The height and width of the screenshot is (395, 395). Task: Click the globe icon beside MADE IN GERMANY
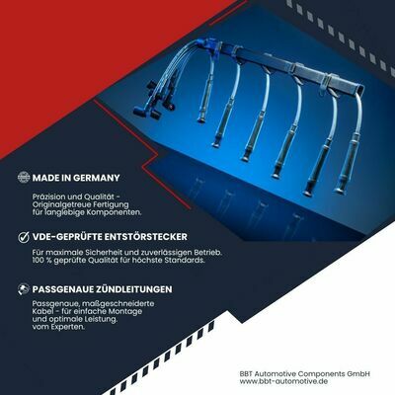click(x=24, y=177)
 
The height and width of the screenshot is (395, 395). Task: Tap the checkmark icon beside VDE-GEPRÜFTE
click(x=24, y=237)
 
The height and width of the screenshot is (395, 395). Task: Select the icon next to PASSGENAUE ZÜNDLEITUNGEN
click(x=24, y=289)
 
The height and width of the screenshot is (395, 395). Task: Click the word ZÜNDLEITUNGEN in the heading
click(x=134, y=289)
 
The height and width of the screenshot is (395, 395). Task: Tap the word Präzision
click(x=48, y=197)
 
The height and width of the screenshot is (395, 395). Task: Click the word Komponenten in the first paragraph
click(x=114, y=212)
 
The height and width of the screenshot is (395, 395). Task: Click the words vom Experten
click(x=58, y=327)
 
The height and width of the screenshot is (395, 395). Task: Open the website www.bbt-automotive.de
click(x=283, y=381)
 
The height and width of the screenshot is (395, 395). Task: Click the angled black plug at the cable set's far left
click(x=141, y=111)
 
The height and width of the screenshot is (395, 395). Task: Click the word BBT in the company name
click(x=246, y=374)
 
